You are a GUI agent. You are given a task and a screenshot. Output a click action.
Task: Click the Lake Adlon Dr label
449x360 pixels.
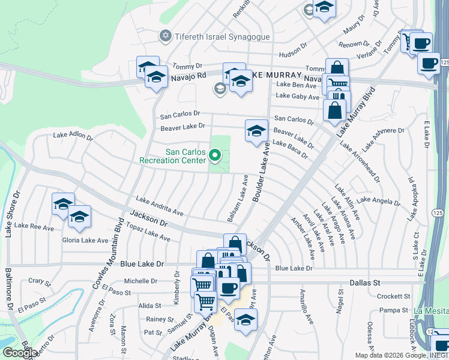pyautogui.click(x=73, y=136)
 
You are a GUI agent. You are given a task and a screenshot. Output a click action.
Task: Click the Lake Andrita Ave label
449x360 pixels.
pyautogui.click(x=159, y=205)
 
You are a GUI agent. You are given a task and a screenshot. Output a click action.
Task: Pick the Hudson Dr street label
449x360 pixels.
pyautogui.click(x=293, y=44)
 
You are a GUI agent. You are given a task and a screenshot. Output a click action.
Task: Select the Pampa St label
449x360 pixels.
pyautogui.click(x=393, y=310)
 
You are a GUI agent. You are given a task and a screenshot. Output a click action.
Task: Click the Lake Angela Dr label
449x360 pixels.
pyautogui.click(x=378, y=200)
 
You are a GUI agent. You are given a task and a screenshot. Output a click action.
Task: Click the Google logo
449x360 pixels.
pyautogui.click(x=19, y=353)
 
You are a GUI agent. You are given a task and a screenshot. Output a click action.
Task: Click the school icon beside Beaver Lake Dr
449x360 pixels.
pyautogui.click(x=256, y=131)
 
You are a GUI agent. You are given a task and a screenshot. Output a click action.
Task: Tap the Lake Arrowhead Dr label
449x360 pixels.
pyautogui.click(x=360, y=161)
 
